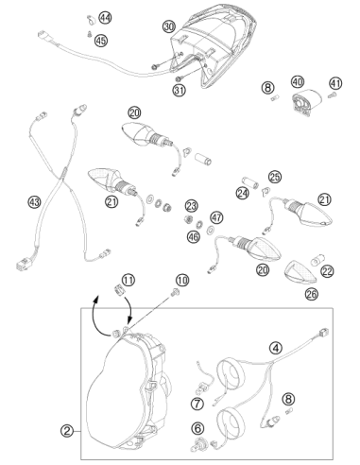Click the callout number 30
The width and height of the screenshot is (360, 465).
[169, 26]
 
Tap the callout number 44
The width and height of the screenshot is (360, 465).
[105, 18]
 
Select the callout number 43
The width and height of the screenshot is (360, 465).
[34, 201]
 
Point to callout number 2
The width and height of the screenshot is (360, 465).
[67, 431]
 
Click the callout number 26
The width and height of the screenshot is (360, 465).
[312, 294]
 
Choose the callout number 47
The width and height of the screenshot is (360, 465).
[216, 217]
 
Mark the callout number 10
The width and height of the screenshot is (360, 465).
[182, 280]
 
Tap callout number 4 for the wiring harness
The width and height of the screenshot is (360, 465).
[276, 348]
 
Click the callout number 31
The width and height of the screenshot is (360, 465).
[180, 91]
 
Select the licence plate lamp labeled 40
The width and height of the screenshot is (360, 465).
[305, 101]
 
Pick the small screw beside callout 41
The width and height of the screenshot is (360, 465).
[332, 95]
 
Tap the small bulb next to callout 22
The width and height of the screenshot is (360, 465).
[316, 261]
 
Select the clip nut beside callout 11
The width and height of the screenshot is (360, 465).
[118, 289]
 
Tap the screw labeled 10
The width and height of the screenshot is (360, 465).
[174, 293]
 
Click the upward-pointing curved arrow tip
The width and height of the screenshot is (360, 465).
[97, 296]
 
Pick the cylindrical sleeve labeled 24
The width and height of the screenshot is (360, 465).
[250, 182]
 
